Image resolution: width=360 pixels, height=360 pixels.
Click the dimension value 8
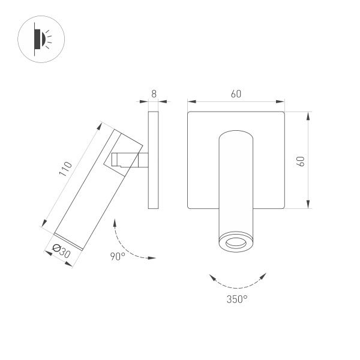154,94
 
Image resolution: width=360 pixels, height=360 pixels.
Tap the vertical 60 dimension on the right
301,161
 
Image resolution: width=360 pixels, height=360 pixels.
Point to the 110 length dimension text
65,169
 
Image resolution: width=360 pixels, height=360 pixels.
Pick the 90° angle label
117,257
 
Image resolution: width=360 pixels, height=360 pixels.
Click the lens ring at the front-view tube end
235,242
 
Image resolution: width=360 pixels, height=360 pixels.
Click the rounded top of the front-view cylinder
235,133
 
